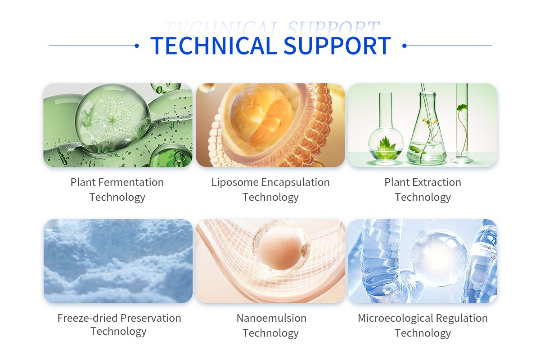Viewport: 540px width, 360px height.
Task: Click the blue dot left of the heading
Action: tap(137, 45)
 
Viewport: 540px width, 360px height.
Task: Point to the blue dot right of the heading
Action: tap(404, 45)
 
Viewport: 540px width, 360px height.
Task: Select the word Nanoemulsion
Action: tap(271, 318)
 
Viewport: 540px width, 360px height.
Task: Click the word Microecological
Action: tap(391, 318)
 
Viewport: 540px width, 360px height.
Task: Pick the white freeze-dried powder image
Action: tap(118, 261)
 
